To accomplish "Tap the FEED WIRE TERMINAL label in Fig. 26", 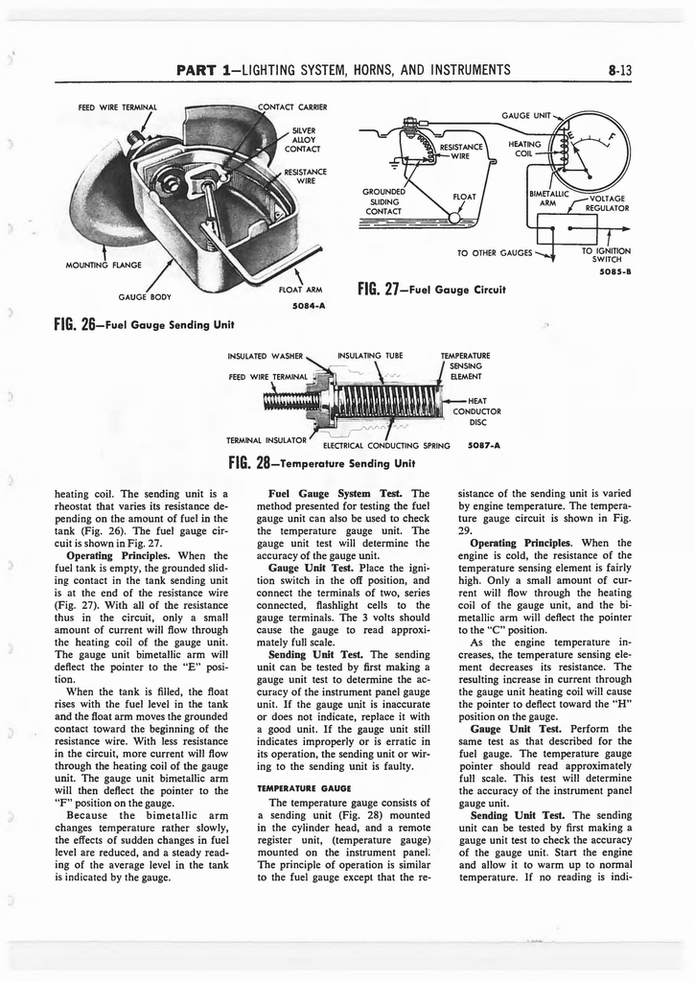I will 117,106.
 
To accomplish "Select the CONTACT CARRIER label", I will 292,106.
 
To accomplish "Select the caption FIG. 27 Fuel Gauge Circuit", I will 430,288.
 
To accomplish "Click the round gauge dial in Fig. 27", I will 594,153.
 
